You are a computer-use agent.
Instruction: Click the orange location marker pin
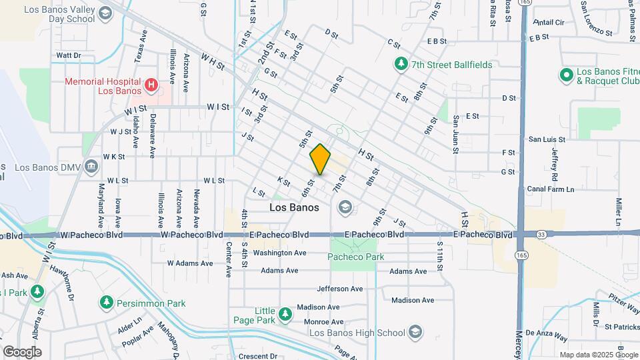[x=321, y=160]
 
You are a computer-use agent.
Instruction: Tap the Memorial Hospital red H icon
[x=151, y=85]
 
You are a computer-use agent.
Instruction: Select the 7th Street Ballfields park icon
[x=401, y=65]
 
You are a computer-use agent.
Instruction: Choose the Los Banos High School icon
[x=415, y=332]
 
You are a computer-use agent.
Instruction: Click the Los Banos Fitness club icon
[x=566, y=74]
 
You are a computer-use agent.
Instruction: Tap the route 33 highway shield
[x=541, y=235]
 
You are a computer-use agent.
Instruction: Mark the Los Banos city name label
[x=294, y=207]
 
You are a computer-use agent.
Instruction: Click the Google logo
[x=22, y=351]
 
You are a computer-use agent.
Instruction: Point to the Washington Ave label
[x=279, y=253]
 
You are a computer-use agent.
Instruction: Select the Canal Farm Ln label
[x=551, y=189]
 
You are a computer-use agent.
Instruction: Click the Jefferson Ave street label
[x=339, y=289]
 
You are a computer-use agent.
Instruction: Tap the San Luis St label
[x=547, y=139]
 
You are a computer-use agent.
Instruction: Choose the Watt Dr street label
[x=69, y=55]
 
